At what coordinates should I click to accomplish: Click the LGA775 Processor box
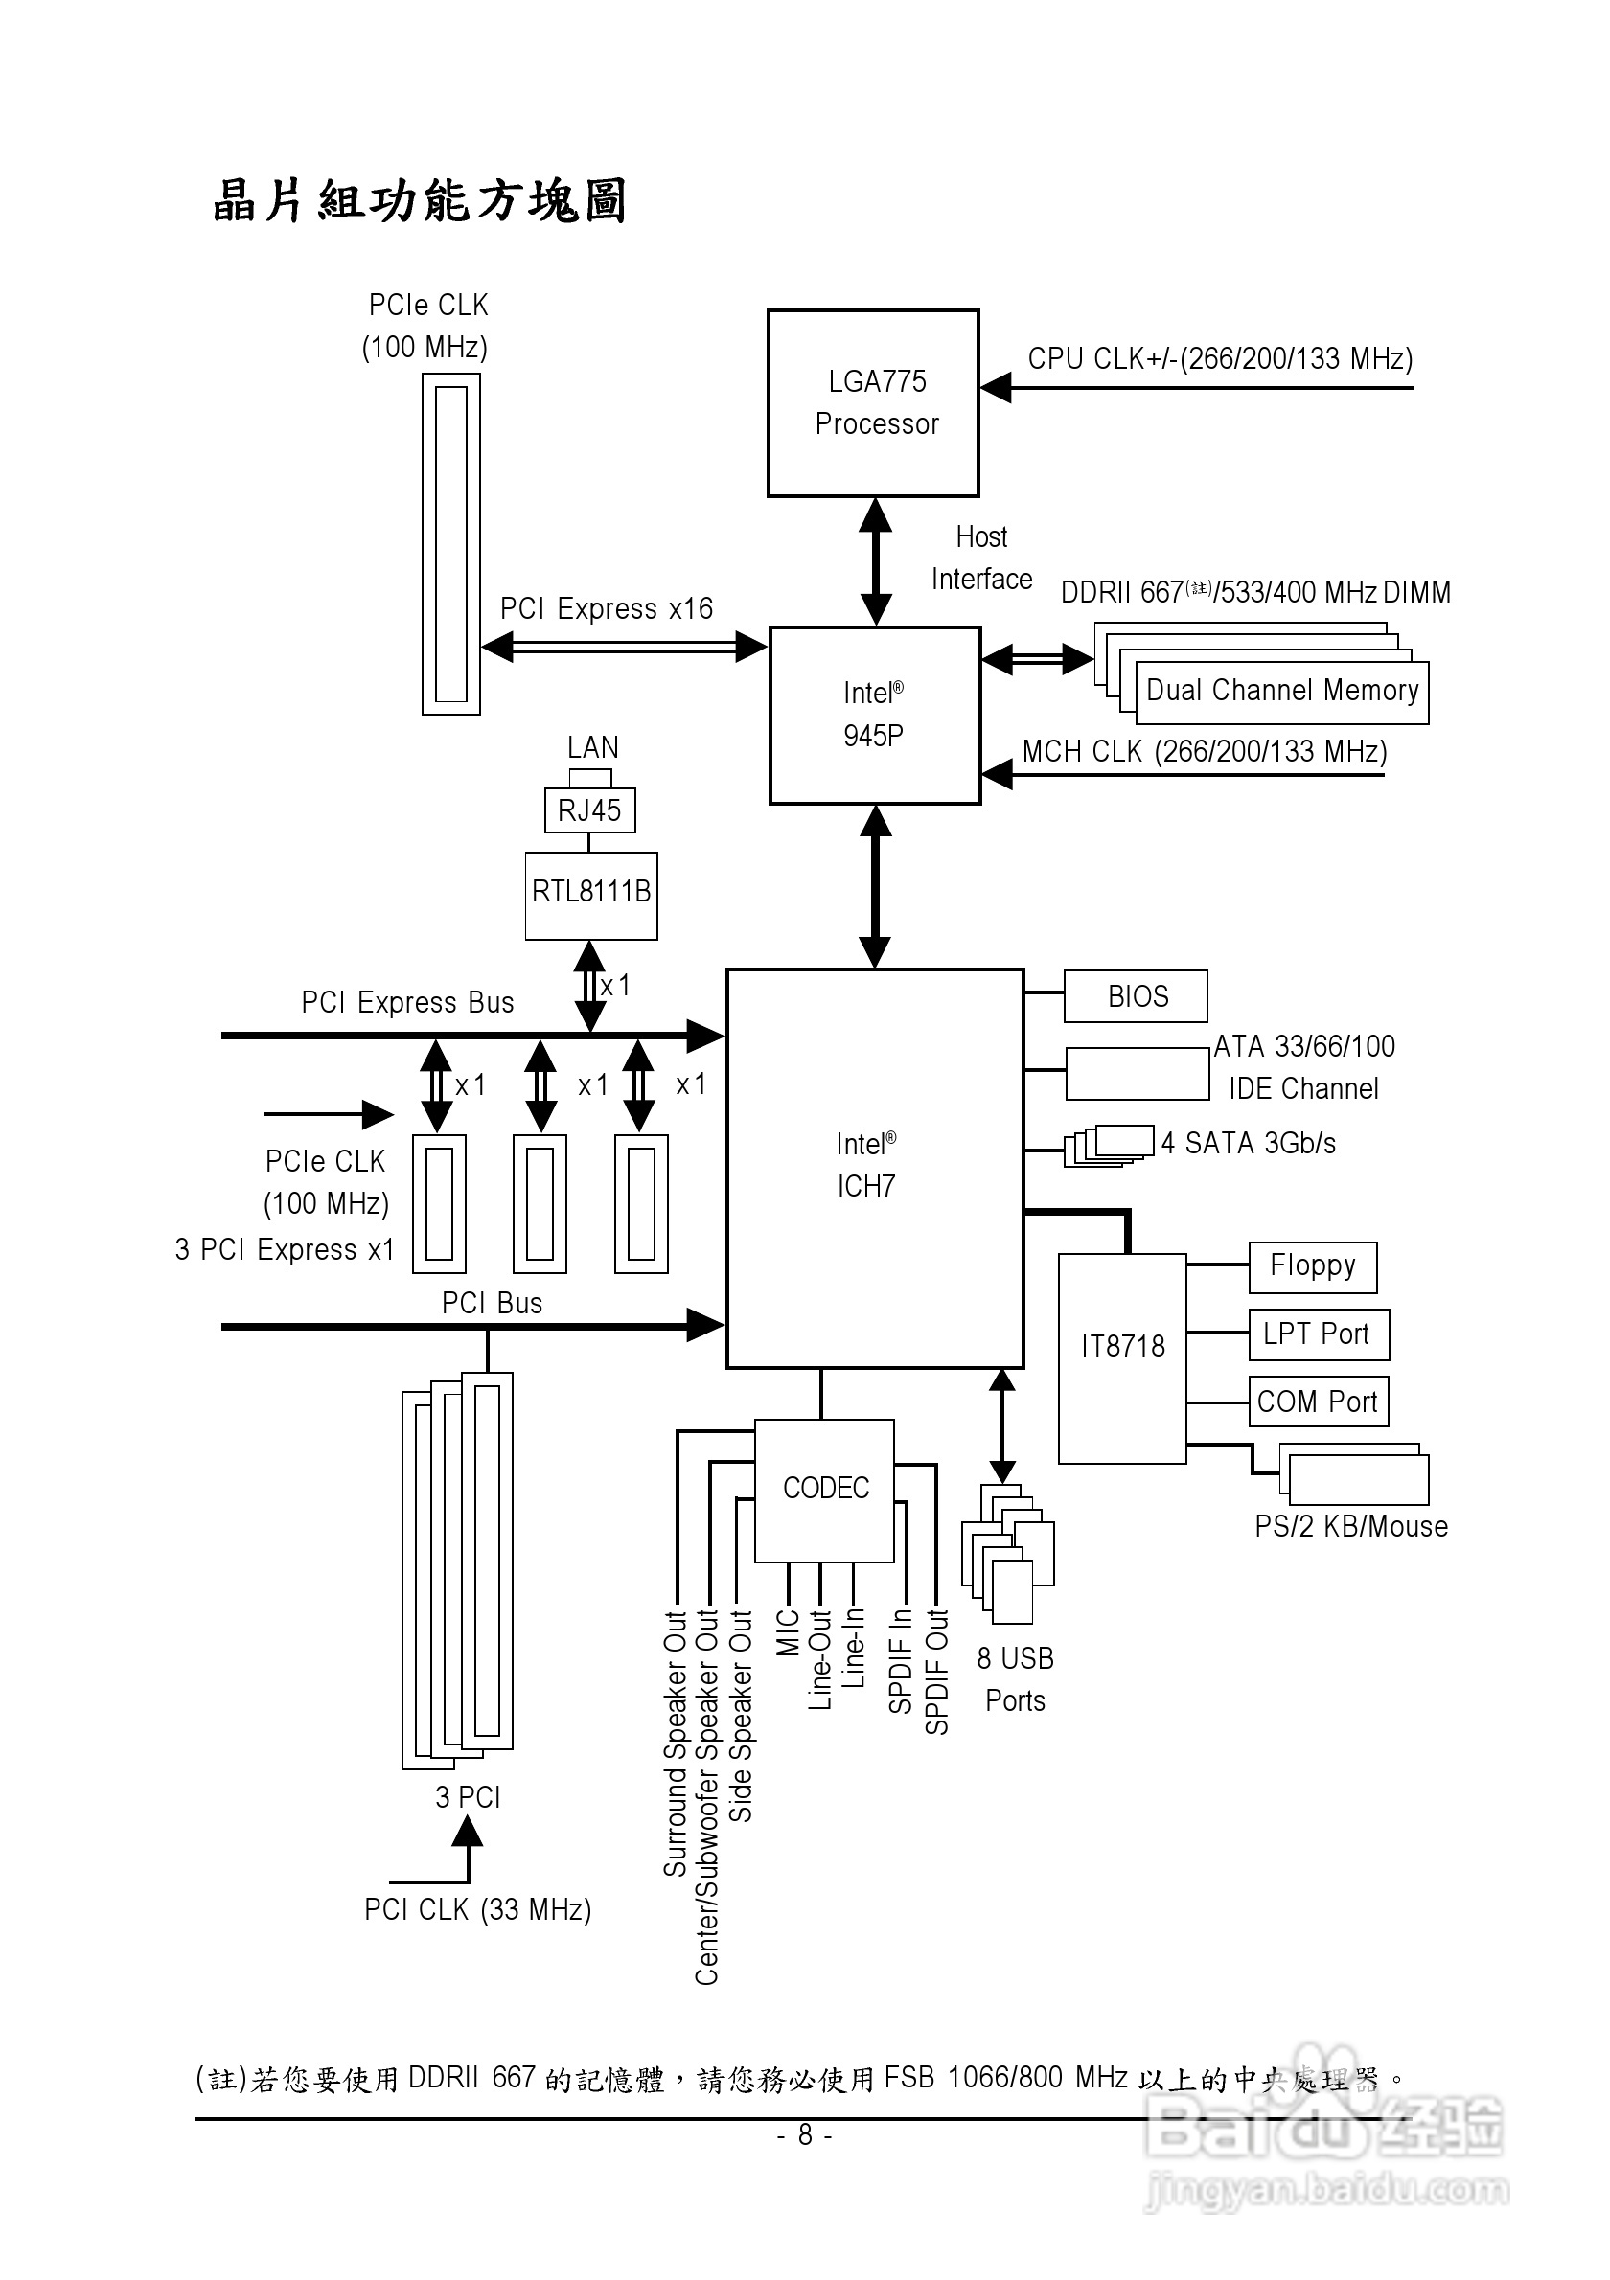pyautogui.click(x=873, y=403)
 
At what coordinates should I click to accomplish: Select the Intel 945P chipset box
pyautogui.click(x=874, y=715)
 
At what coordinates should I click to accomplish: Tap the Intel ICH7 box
pyautogui.click(x=874, y=1168)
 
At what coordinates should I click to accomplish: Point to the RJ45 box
pyautogui.click(x=589, y=810)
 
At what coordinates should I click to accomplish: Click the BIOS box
pyautogui.click(x=1136, y=996)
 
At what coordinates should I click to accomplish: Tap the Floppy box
pyautogui.click(x=1312, y=1266)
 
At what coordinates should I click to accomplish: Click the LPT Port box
pyautogui.click(x=1318, y=1334)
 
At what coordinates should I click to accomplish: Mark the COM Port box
pyautogui.click(x=1318, y=1402)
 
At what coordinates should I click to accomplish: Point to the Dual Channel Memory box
pyautogui.click(x=1281, y=691)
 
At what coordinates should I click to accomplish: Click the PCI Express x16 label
pyautogui.click(x=606, y=608)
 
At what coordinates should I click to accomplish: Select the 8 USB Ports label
pyautogui.click(x=1015, y=1679)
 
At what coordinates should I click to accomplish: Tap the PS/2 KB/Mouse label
pyautogui.click(x=1351, y=1526)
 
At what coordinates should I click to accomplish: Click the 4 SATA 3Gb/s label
pyautogui.click(x=1249, y=1143)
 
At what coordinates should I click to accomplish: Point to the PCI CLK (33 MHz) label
pyautogui.click(x=478, y=1908)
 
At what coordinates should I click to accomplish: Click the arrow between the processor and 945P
pyautogui.click(x=875, y=561)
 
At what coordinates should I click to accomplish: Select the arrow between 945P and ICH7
pyautogui.click(x=875, y=886)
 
